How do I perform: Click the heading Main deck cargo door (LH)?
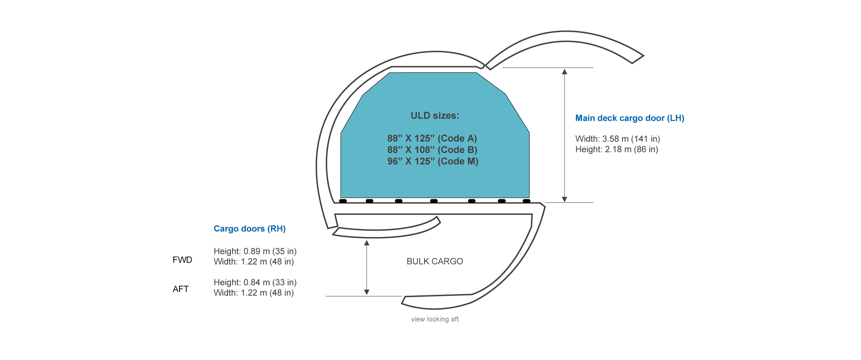629,118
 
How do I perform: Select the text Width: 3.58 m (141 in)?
617,139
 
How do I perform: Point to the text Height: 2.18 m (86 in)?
616,149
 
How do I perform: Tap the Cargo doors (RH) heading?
249,229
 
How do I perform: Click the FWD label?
182,260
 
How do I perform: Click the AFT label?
181,289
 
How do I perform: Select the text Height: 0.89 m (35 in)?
255,252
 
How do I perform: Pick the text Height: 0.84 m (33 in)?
255,282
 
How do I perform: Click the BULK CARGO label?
435,262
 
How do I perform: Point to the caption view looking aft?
435,319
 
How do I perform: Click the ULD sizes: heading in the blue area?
435,116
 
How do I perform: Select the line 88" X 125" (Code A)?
432,139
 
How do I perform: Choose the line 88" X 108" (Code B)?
432,150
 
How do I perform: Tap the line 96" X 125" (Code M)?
433,162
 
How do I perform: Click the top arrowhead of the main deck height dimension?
564,72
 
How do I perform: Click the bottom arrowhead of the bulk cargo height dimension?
366,292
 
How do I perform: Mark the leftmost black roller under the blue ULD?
343,201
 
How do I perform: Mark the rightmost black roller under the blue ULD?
526,201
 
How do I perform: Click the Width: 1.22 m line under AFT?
253,293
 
